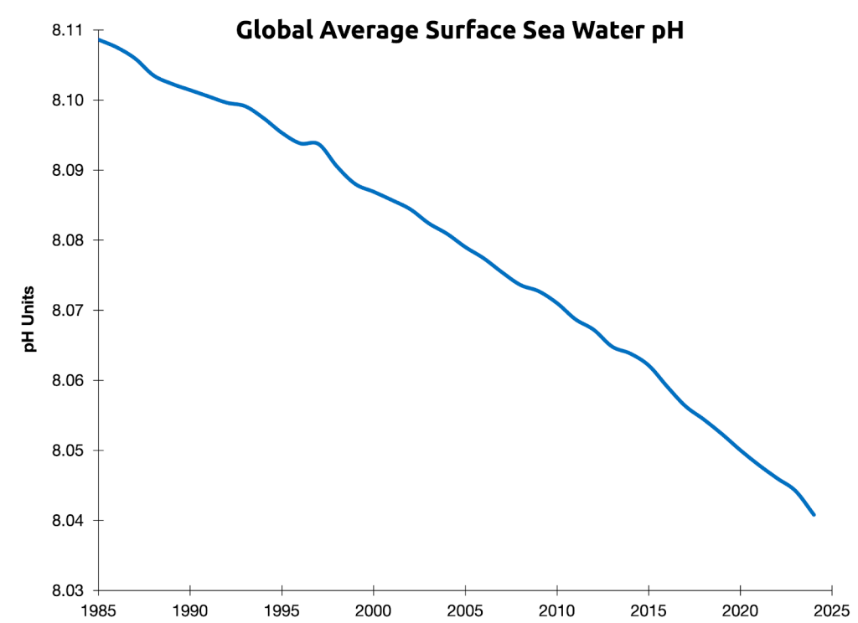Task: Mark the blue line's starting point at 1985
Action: click(x=100, y=39)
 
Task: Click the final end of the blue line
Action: click(x=814, y=514)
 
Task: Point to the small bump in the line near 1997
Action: click(x=315, y=143)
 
